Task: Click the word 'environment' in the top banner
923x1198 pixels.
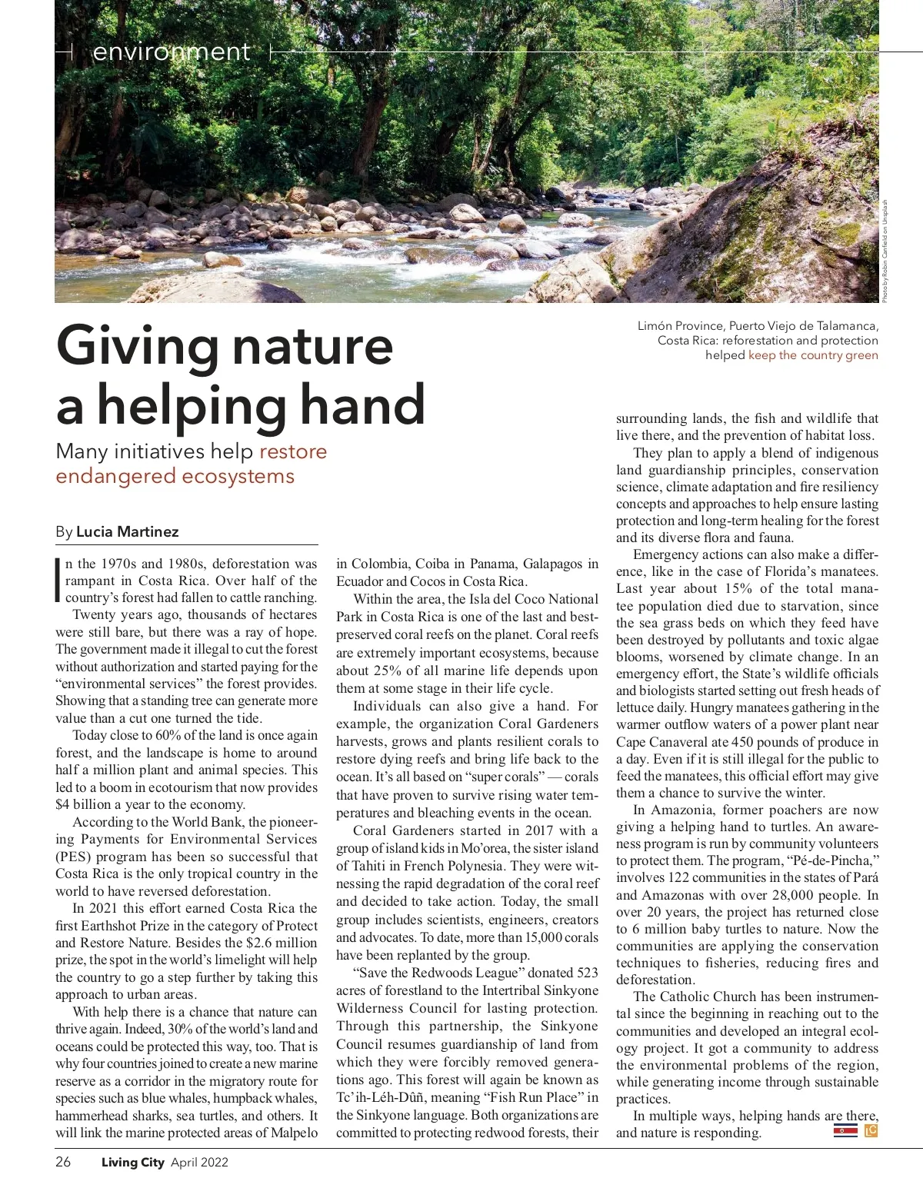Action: click(x=171, y=52)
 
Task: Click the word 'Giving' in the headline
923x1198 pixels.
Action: click(x=138, y=346)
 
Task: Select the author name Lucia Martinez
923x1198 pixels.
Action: click(x=127, y=532)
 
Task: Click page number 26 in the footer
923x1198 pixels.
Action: click(x=63, y=1162)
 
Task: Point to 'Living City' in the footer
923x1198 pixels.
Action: click(x=132, y=1162)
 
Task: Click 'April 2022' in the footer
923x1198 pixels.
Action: click(x=199, y=1162)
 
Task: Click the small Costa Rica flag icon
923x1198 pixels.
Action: click(x=845, y=1130)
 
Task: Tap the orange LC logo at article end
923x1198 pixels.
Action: click(x=871, y=1130)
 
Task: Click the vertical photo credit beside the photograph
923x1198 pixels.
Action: click(x=885, y=251)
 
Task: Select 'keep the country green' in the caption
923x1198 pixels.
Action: click(x=813, y=355)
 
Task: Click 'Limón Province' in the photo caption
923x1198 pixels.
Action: click(x=680, y=326)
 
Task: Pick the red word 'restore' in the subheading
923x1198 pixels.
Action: click(x=293, y=451)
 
